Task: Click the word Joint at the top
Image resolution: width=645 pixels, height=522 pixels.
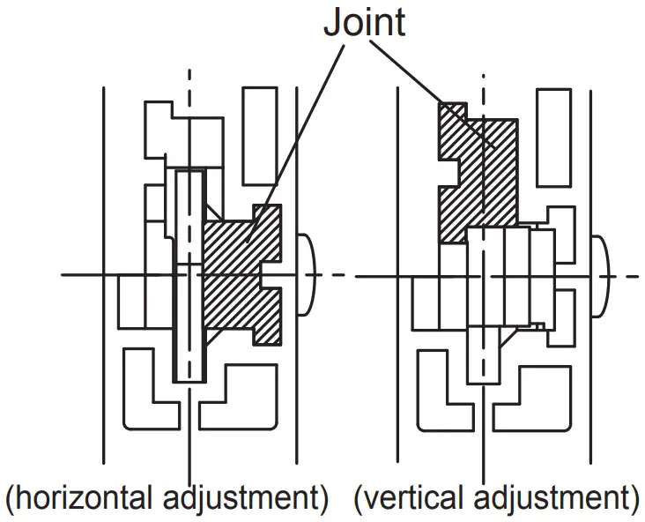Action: click(x=364, y=22)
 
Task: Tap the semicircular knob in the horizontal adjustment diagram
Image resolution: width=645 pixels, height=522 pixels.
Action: click(x=309, y=275)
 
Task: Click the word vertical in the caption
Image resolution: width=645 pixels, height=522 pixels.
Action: click(x=409, y=499)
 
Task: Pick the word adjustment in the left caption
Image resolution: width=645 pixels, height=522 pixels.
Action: click(x=241, y=499)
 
